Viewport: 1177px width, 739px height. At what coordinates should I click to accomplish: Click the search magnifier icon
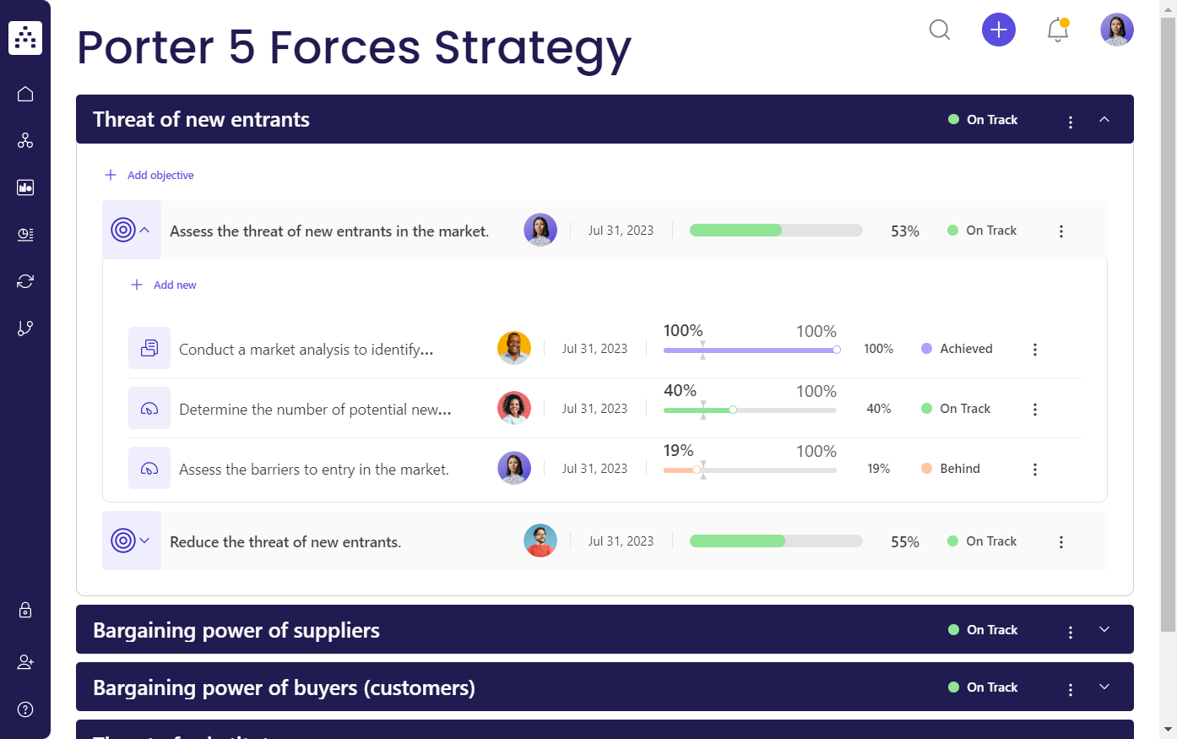click(x=939, y=30)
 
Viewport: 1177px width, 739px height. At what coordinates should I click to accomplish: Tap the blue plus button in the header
click(x=998, y=30)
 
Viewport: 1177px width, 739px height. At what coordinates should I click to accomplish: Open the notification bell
click(x=1057, y=30)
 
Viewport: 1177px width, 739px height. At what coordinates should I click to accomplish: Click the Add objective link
click(x=160, y=176)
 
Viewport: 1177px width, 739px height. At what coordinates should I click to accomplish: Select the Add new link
click(x=174, y=285)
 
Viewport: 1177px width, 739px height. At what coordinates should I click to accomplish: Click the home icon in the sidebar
click(x=25, y=94)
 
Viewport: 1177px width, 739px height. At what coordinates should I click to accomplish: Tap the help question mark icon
click(x=25, y=709)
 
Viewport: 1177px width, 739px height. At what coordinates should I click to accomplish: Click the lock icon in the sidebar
click(x=25, y=610)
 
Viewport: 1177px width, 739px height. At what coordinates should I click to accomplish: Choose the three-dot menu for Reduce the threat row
click(x=1061, y=542)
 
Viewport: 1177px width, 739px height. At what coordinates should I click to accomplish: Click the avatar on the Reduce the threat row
click(x=540, y=541)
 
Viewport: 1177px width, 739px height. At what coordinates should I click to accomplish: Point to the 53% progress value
click(x=904, y=231)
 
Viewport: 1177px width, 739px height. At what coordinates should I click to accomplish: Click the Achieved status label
click(x=966, y=349)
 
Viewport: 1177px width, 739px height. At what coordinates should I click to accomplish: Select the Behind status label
click(x=960, y=469)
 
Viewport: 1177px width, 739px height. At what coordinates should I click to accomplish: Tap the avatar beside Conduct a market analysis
click(x=514, y=349)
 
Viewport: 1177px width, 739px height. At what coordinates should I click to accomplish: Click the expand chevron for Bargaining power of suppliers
click(x=1104, y=630)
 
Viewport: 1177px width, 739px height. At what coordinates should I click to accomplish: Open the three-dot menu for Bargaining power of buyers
click(x=1071, y=690)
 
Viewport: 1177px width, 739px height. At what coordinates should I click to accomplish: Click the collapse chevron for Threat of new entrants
click(x=1104, y=120)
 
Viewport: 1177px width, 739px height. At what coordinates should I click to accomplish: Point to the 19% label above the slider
click(x=678, y=451)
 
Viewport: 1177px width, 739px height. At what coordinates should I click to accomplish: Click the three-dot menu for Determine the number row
click(x=1035, y=410)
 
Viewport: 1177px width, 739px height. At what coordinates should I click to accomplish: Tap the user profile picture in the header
click(x=1116, y=30)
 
